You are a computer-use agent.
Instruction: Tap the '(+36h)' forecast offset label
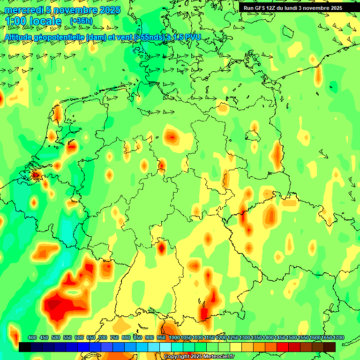(x=81, y=21)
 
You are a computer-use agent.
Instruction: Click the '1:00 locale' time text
(x=33, y=22)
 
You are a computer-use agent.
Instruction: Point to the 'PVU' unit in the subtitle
(x=192, y=37)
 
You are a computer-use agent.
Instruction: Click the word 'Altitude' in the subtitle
(x=22, y=37)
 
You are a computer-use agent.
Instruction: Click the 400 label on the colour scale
(x=32, y=338)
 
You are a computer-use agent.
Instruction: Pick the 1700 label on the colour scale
(x=338, y=338)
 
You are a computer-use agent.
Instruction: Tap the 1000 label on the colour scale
(x=174, y=338)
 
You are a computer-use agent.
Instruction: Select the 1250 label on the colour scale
(x=233, y=338)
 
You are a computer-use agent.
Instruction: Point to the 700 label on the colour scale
(x=103, y=338)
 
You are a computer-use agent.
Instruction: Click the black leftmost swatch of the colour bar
(x=25, y=347)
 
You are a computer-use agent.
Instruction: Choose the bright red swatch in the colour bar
(x=283, y=347)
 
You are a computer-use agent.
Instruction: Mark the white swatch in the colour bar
(x=165, y=347)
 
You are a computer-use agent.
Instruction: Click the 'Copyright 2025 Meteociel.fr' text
(x=199, y=357)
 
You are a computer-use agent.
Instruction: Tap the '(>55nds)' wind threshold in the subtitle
(x=147, y=37)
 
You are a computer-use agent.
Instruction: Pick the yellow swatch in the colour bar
(x=236, y=347)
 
